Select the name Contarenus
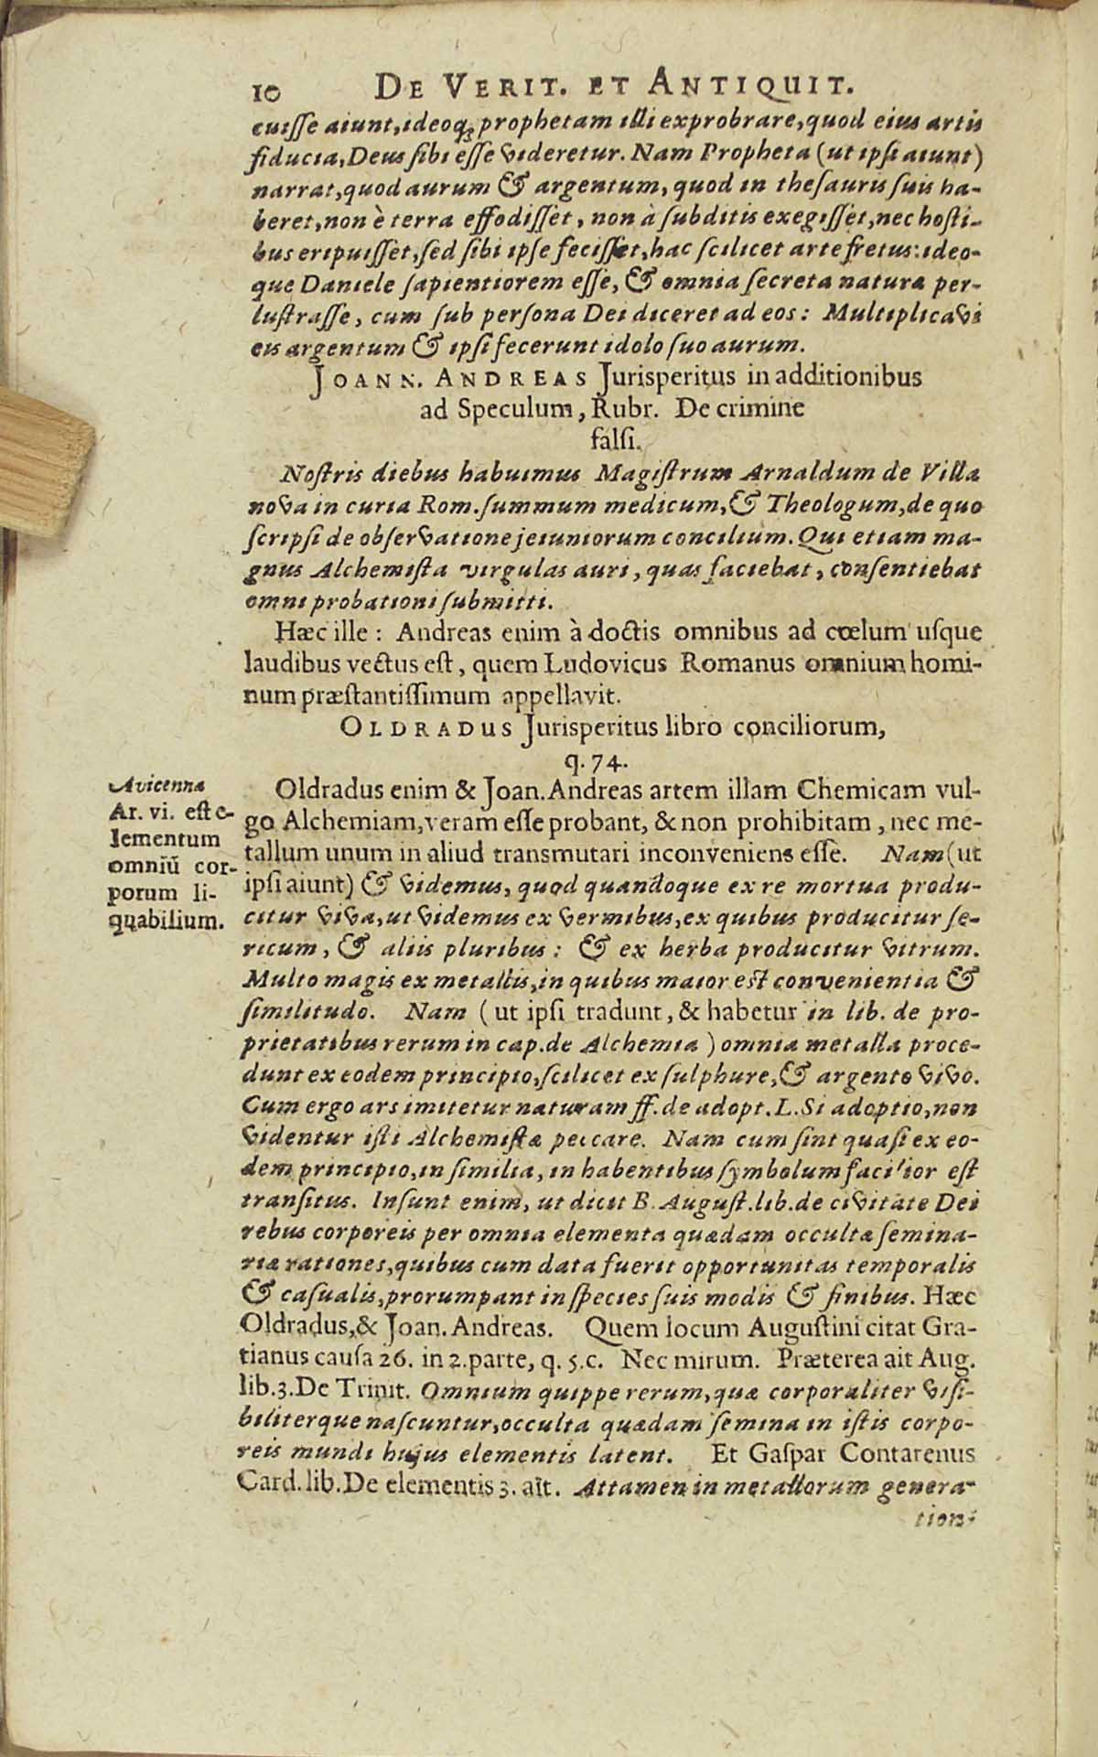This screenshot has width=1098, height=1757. point(905,1452)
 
